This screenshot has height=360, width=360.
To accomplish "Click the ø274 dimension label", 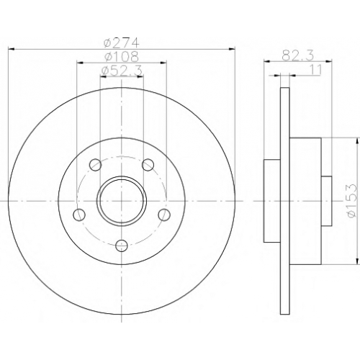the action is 122,43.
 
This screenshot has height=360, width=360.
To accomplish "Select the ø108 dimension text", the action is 122,57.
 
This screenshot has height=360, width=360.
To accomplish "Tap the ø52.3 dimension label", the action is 122,71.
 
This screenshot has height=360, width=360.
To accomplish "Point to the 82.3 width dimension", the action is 298,56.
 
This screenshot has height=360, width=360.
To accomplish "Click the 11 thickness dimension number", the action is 316,70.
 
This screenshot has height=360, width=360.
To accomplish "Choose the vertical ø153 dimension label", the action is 352,201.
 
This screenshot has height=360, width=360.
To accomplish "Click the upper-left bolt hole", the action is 95,165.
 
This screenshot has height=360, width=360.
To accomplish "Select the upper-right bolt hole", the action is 148,165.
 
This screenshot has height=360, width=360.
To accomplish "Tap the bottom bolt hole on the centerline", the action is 122,246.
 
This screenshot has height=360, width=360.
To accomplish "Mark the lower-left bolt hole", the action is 79,215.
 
